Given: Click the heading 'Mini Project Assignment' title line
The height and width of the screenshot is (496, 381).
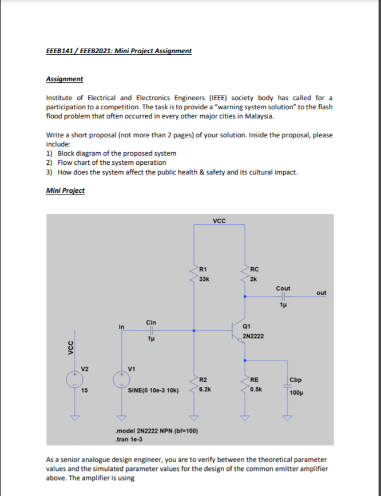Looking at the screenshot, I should pos(118,51).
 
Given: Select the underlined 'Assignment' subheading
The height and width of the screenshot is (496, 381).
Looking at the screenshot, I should pos(64,79).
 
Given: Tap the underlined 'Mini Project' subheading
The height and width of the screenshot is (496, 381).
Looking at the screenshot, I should pos(65,191).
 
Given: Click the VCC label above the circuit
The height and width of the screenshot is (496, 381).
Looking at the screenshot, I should pos(219,220).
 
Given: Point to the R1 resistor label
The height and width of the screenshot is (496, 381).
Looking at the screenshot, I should pos(203,269).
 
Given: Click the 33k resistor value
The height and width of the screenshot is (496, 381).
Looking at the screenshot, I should pos(204,279).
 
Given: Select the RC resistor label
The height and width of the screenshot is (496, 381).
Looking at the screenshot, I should pos(255,269).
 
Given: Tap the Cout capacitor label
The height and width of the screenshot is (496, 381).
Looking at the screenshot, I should pos(283,288).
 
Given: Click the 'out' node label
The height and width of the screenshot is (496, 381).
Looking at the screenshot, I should pos(321,293).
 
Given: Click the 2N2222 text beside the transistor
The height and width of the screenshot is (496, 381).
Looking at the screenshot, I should pos(253,336).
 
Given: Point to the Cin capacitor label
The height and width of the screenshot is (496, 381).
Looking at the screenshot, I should pos(151,322).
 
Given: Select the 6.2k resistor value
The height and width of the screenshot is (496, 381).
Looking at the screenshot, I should pos(206,388).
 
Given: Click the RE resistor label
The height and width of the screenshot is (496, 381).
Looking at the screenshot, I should pos(255,379).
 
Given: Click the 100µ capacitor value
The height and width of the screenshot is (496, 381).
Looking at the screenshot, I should pos(296,393).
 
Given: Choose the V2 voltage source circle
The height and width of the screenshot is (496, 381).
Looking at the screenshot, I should pos(73,379).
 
